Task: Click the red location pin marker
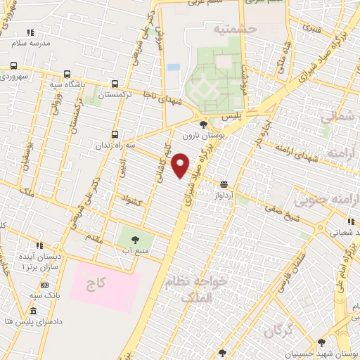[181, 165]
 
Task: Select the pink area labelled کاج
[105, 285]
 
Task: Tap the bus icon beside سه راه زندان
[115, 134]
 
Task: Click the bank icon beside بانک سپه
[44, 285]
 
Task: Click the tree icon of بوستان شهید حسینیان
[321, 342]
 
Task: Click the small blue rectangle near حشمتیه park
[173, 67]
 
